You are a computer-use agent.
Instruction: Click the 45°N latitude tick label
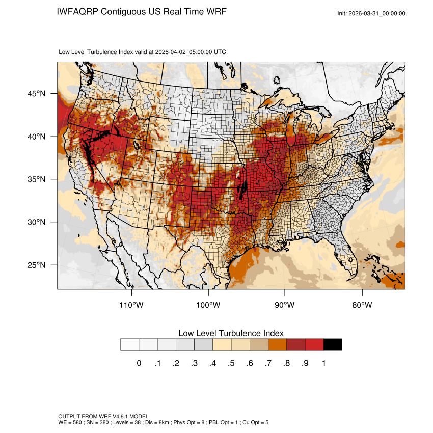37,94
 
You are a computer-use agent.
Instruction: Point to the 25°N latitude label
37,265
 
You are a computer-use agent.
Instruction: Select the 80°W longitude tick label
362,305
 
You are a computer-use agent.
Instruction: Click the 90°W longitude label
285,305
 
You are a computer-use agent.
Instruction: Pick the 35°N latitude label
37,179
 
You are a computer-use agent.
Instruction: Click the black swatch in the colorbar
333,345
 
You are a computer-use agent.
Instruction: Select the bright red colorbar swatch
314,345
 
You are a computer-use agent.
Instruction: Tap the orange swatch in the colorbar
278,345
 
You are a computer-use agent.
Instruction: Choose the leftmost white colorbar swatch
129,345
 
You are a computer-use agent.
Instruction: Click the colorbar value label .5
231,363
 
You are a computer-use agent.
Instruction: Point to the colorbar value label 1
323,363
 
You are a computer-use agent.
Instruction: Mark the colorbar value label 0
139,363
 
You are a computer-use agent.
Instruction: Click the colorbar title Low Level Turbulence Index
231,333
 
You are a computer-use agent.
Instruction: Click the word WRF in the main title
215,11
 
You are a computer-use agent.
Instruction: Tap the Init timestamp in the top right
371,13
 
